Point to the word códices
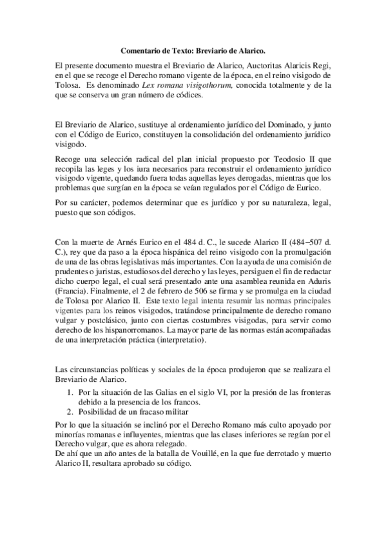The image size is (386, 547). coord(188,95)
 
